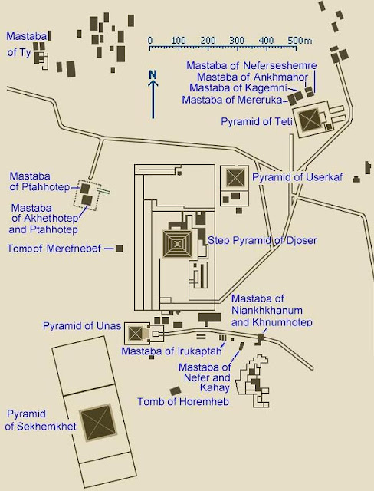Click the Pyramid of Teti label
tap(257, 121)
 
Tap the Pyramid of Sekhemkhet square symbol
tap(98, 423)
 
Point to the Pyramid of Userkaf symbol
tap(235, 177)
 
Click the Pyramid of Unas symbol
tap(135, 334)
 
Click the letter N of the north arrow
tap(153, 74)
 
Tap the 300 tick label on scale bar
tap(237, 41)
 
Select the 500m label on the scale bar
tap(300, 41)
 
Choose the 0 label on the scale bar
tap(150, 41)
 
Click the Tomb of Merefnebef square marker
tap(119, 249)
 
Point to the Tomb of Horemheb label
tap(183, 402)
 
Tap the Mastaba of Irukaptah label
tap(172, 351)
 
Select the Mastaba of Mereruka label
tap(232, 100)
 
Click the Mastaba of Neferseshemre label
tap(251, 65)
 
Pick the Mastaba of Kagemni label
tap(238, 87)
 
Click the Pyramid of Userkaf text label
tap(297, 177)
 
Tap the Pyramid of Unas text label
tap(82, 326)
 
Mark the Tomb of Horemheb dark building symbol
tap(176, 390)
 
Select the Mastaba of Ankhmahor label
tap(253, 77)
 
